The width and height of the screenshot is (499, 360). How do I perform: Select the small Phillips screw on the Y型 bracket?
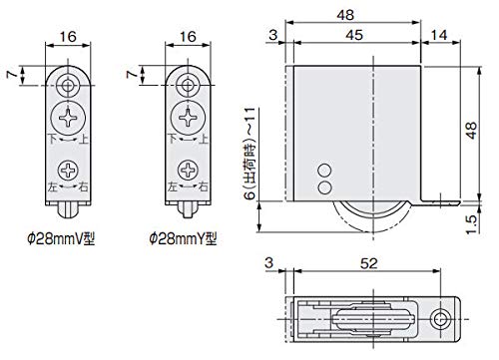(x=185, y=168)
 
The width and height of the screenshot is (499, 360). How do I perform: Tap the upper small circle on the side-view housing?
(x=323, y=171)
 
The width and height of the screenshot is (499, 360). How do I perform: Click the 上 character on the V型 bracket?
(x=86, y=141)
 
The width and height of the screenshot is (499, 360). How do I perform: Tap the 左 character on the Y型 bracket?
(x=171, y=186)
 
